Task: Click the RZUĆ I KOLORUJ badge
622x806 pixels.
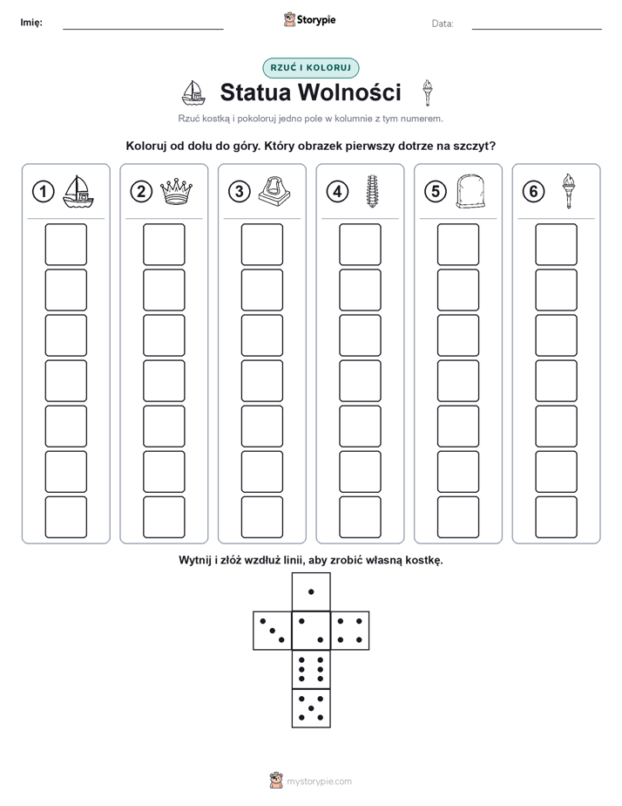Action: [x=310, y=68]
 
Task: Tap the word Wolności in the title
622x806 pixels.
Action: [x=349, y=92]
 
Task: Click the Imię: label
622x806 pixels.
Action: [x=31, y=22]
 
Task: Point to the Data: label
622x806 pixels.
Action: [x=443, y=24]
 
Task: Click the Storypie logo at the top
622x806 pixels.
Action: [x=309, y=20]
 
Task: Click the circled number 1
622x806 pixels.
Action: [x=43, y=192]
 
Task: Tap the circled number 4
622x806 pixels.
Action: [x=337, y=192]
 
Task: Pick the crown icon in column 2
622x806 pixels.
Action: [x=176, y=191]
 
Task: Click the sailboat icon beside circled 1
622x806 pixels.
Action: [x=78, y=191]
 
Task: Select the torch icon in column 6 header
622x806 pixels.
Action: [x=569, y=191]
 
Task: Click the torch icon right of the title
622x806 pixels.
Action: [x=427, y=92]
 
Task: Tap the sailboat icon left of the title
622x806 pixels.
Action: [x=193, y=92]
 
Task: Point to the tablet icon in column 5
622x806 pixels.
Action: [x=470, y=191]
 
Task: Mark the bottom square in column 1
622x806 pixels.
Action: [x=65, y=517]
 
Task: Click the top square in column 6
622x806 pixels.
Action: [x=557, y=244]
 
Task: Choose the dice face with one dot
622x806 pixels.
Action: [x=311, y=592]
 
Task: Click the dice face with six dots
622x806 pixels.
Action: [x=311, y=669]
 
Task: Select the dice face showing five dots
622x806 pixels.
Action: [x=311, y=708]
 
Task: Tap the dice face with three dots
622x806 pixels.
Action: [x=273, y=631]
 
